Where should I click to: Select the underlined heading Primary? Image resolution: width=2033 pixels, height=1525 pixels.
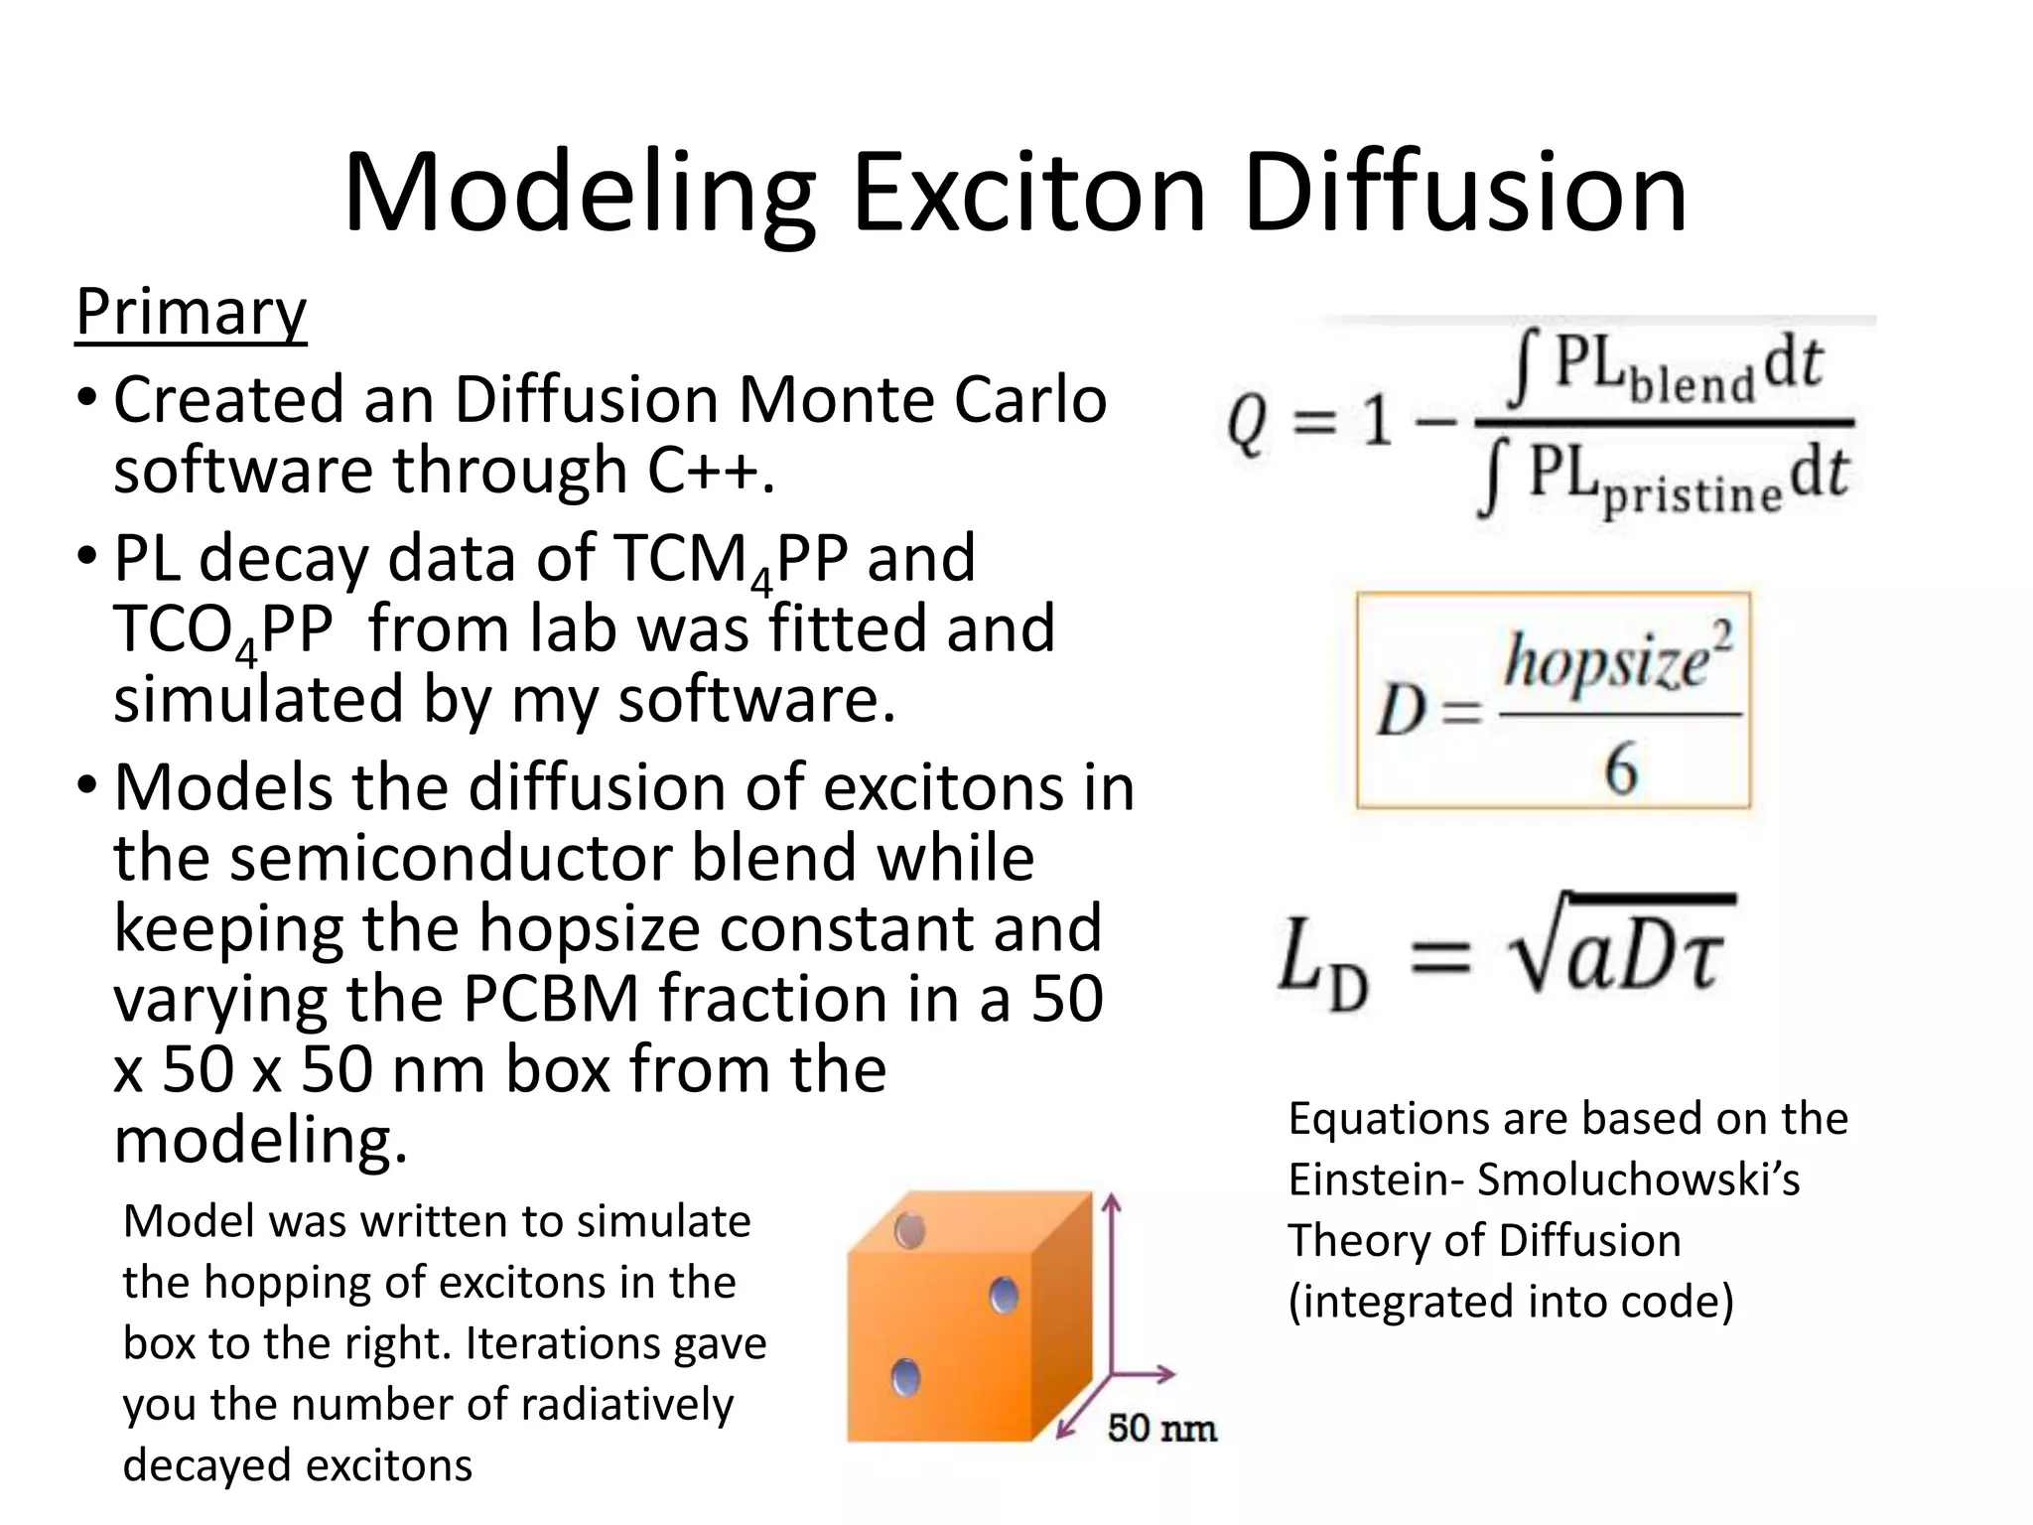[191, 313]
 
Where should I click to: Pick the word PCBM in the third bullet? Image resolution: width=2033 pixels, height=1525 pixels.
[551, 999]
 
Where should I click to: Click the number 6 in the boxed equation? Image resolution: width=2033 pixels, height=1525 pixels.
[1621, 769]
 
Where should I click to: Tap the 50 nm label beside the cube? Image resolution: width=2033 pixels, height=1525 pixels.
[1161, 1429]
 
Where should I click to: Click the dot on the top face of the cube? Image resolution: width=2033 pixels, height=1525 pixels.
[909, 1231]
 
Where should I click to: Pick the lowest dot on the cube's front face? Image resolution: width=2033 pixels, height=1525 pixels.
[905, 1377]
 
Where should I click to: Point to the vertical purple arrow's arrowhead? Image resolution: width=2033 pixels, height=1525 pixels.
[1112, 1203]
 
